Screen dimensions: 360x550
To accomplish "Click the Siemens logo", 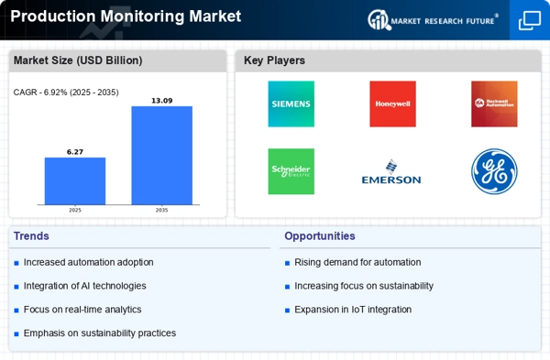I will click(x=291, y=104).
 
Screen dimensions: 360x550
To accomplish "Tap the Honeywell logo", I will click(x=392, y=104).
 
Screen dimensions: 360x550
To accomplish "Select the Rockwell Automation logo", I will click(x=494, y=104).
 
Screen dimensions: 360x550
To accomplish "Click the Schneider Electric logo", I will click(x=291, y=171).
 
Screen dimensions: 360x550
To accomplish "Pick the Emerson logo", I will click(x=392, y=172).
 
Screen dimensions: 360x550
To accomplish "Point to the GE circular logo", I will click(x=494, y=171).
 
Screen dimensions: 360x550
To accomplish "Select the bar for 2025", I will click(x=75, y=182).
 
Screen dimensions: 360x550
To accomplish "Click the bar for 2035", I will click(x=161, y=157).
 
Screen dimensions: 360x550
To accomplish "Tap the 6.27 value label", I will click(x=75, y=151).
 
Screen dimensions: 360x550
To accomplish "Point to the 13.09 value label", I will click(x=161, y=100).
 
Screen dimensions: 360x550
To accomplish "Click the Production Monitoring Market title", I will click(x=126, y=16).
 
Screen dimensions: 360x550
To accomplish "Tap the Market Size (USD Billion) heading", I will click(x=76, y=60).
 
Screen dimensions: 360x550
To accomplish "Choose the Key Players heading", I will click(x=274, y=60).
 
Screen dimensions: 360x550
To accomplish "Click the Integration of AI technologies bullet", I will click(x=84, y=286).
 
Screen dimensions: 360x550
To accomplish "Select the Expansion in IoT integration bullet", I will click(x=352, y=310).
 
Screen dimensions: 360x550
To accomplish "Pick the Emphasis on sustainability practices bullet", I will click(x=99, y=333).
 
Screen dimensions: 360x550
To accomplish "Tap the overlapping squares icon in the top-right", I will click(x=530, y=20).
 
